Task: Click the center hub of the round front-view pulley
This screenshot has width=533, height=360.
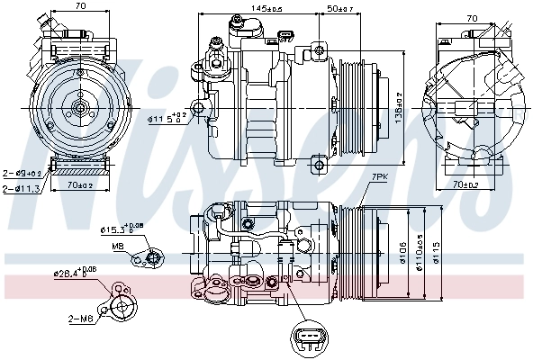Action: tap(79, 108)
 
